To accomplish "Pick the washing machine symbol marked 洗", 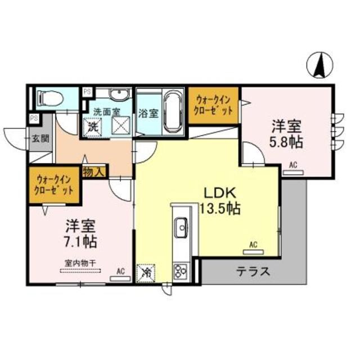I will click(93, 127).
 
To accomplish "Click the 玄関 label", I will click(40, 139).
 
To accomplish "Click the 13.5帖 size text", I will click(220, 209).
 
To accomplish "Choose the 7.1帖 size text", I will click(78, 242).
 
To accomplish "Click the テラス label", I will click(253, 272).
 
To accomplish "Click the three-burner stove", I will click(182, 271).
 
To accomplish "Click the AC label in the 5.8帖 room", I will click(293, 165).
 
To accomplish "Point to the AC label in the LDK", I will click(253, 244).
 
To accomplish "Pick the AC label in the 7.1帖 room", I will click(120, 271).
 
